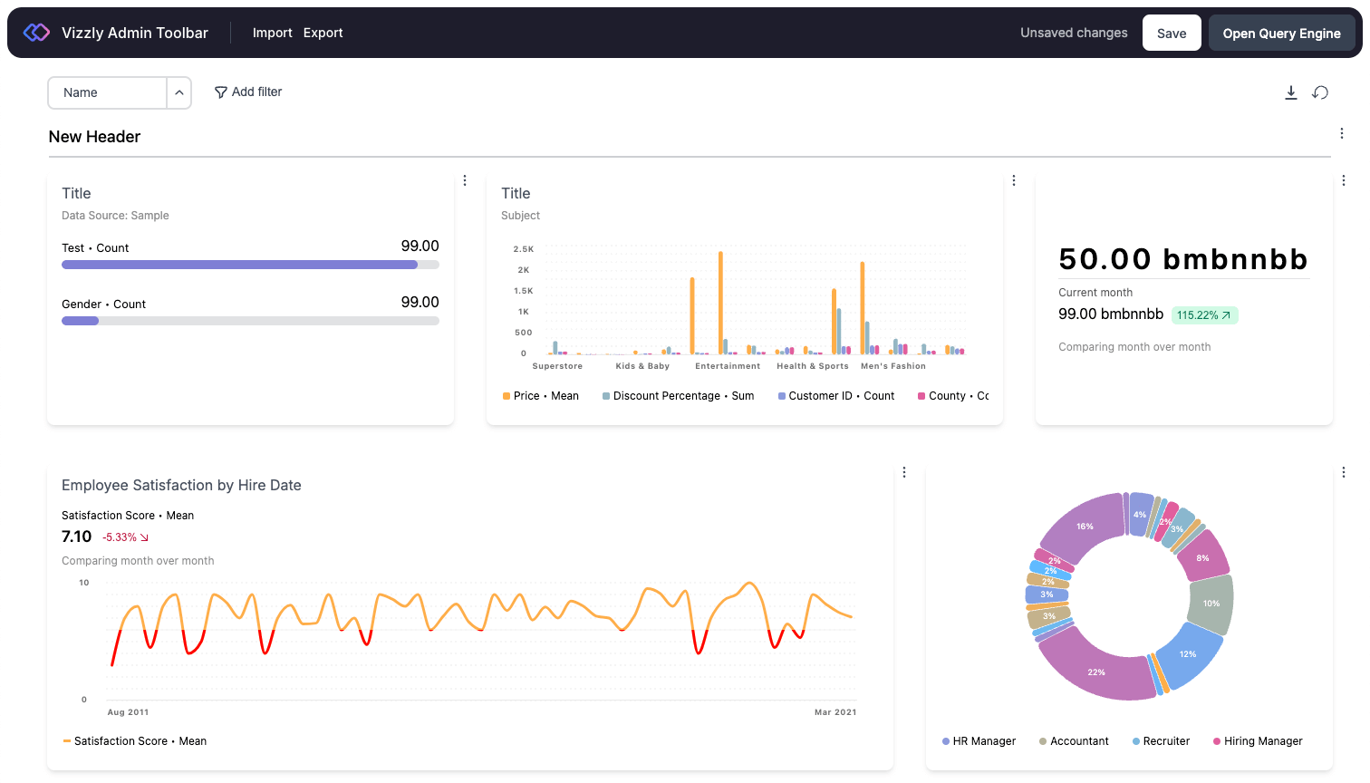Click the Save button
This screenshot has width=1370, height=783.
point(1171,34)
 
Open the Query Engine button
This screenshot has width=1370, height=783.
point(1281,34)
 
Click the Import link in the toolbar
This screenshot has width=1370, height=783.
point(272,33)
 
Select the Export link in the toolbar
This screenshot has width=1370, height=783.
point(323,33)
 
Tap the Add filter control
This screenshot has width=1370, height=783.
point(248,92)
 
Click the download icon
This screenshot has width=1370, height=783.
point(1291,92)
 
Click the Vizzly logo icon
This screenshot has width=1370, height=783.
point(36,33)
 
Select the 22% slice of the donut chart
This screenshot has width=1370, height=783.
point(1097,672)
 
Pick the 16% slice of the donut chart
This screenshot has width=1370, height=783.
point(1085,527)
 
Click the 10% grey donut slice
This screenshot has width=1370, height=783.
point(1211,604)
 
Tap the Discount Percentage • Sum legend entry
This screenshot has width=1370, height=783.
point(678,396)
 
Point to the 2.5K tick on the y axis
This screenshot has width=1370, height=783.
point(524,249)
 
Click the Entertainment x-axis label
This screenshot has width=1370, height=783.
point(728,366)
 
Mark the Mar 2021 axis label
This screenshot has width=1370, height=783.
point(835,712)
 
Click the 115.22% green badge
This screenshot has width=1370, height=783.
point(1204,315)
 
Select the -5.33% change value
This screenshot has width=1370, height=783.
point(125,537)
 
